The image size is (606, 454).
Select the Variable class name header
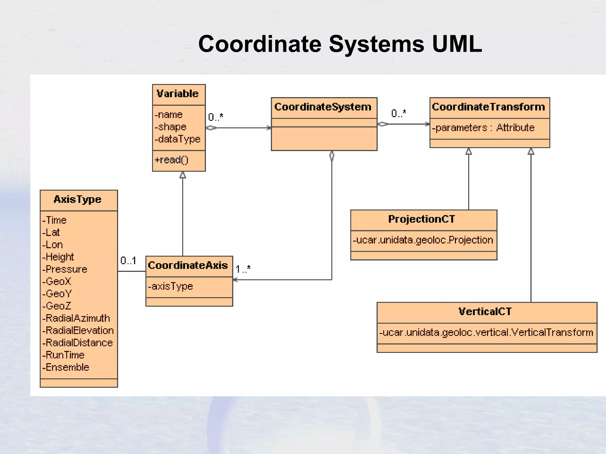point(178,94)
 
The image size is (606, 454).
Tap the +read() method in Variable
point(171,160)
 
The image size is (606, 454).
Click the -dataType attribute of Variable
point(178,139)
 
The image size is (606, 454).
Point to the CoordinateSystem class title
point(323,107)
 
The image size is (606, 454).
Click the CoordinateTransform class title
point(488,107)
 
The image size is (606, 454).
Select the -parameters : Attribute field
point(483,128)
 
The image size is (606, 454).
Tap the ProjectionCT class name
point(421,219)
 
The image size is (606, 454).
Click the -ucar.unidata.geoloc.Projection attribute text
point(423,240)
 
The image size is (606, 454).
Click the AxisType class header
point(78,200)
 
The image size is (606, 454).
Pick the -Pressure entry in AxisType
point(65,269)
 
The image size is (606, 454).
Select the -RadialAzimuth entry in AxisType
point(76,318)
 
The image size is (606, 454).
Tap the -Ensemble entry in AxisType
point(66,367)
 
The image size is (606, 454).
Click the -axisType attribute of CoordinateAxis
point(170,286)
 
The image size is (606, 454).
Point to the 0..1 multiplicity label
point(128,261)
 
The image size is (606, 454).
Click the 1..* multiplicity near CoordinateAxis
point(243,269)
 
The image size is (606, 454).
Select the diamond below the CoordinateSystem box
point(332,156)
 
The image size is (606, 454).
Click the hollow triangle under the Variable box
point(183,175)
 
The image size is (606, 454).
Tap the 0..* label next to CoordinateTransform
point(398,113)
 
